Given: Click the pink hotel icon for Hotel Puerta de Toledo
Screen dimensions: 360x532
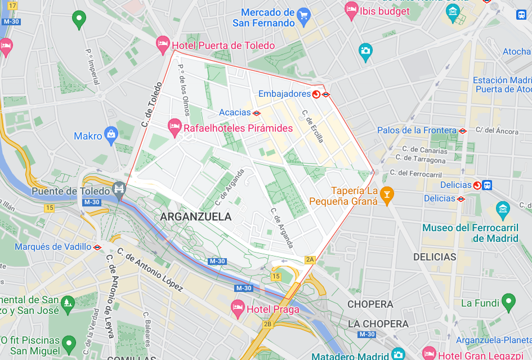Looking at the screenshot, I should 163,43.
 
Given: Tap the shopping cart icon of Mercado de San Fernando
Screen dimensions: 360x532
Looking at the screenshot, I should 304,15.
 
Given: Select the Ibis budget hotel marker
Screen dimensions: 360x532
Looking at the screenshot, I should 351,8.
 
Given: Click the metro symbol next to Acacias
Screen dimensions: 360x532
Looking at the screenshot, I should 257,112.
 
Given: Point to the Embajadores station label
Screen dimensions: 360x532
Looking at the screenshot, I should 284,94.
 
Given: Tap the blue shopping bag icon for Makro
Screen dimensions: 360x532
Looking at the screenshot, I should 111,134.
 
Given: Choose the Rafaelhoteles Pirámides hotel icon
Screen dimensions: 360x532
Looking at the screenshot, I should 175,126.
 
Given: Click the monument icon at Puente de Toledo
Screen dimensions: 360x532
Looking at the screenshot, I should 118,188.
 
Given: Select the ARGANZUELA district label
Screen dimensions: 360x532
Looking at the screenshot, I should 195,217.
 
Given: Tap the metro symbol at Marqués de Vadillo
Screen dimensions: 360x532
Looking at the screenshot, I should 97,247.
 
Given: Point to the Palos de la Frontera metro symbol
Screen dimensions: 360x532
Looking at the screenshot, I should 463,130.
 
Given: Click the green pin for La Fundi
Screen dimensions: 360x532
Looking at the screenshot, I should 508,301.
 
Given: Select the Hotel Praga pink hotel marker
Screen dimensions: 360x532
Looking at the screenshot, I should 238,307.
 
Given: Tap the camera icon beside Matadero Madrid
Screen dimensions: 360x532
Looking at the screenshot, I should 399,355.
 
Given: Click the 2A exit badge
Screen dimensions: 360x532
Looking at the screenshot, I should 310,259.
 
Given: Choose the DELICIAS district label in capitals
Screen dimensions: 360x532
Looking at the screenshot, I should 434,257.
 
